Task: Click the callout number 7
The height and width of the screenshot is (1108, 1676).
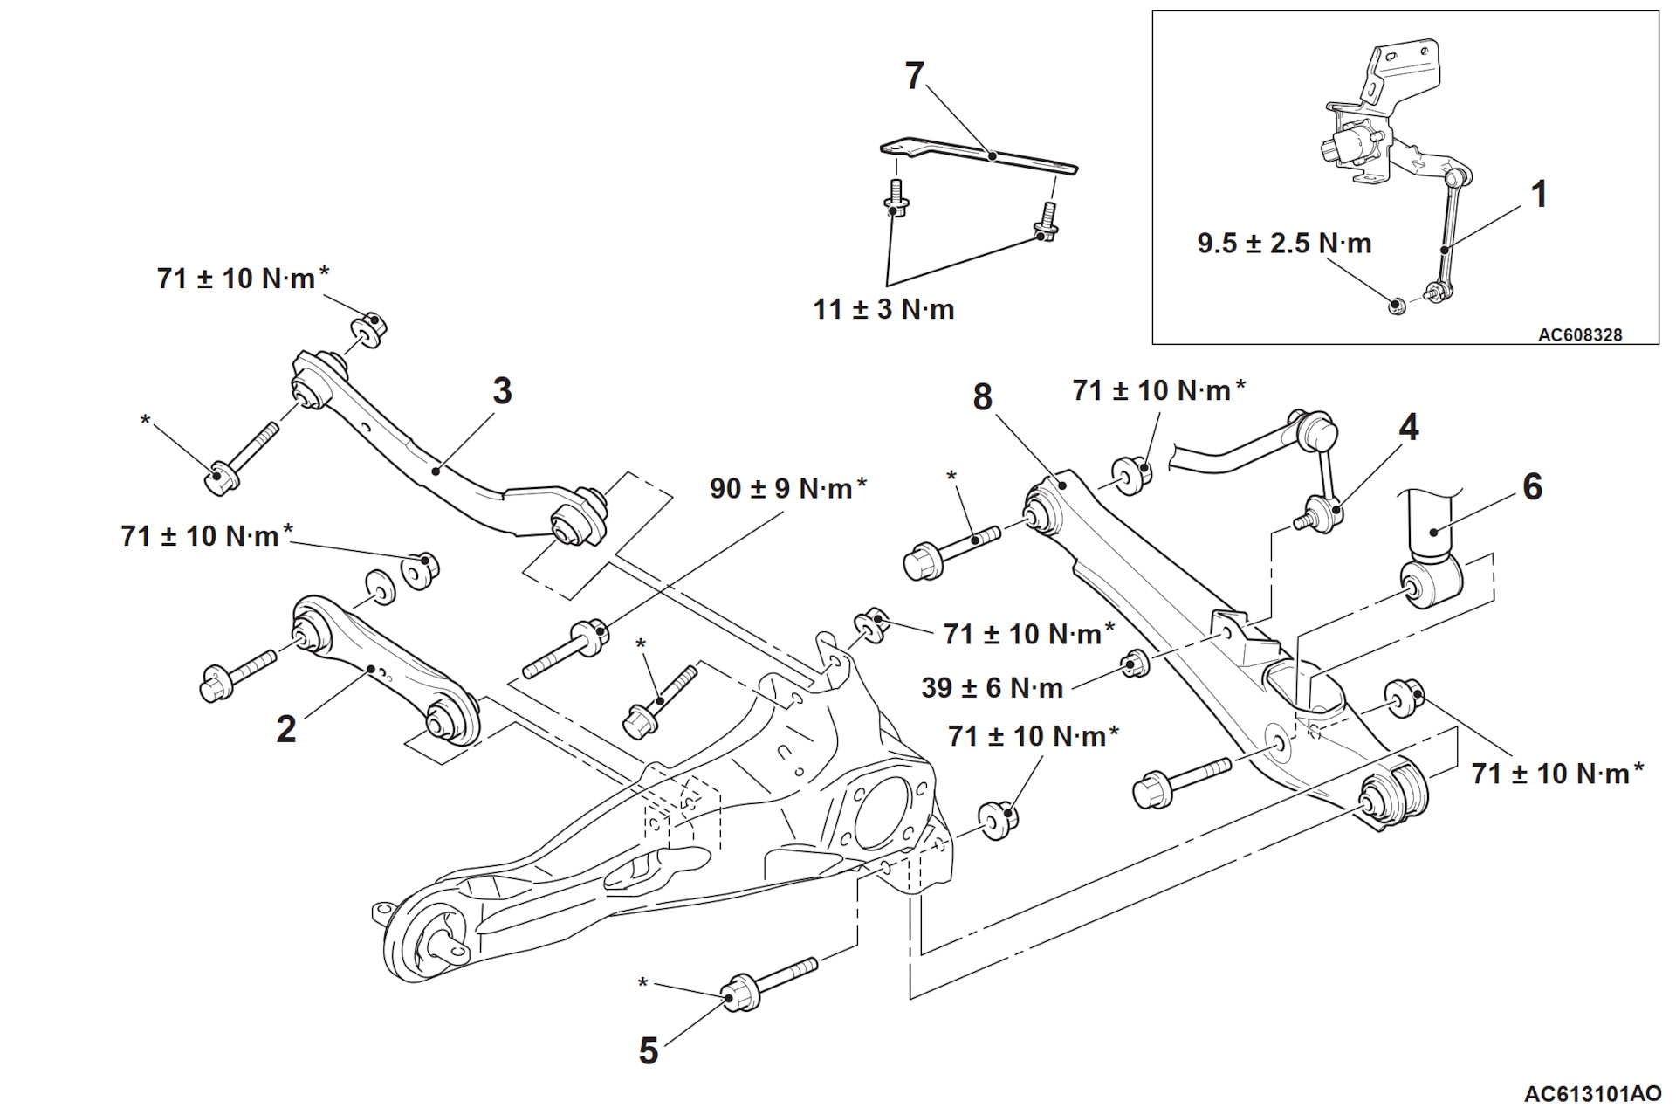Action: (914, 76)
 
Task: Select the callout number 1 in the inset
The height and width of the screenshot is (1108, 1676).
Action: (1539, 194)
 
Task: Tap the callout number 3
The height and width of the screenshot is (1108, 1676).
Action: (502, 391)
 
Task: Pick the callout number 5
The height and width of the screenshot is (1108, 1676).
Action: (648, 1051)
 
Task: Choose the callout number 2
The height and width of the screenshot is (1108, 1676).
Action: (286, 729)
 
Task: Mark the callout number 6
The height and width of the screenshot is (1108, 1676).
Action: (1532, 487)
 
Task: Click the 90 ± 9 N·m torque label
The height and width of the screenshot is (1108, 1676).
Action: (788, 488)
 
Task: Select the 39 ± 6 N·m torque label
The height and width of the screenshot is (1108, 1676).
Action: (993, 688)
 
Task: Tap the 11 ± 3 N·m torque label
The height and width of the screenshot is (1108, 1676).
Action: (883, 309)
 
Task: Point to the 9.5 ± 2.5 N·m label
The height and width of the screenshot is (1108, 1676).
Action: (1284, 244)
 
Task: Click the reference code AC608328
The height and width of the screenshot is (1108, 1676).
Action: (1580, 334)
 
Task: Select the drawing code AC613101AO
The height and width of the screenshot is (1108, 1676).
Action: (1593, 1094)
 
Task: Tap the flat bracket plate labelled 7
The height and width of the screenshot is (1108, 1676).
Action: (979, 155)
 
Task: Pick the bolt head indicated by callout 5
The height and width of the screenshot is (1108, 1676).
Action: (741, 994)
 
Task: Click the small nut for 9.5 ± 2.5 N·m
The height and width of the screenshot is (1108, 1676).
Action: (1397, 306)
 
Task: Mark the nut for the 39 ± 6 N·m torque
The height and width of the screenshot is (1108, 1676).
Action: (1135, 664)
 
